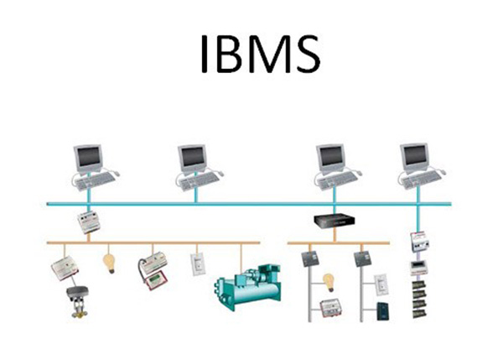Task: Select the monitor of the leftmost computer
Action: tap(87, 157)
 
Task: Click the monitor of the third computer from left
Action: tap(330, 157)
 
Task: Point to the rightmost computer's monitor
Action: tap(413, 156)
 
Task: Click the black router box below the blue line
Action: tap(333, 222)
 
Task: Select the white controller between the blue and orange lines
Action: tap(88, 222)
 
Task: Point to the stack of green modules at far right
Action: tap(417, 298)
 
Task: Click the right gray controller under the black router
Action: tap(362, 258)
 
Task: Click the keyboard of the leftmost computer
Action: tap(92, 179)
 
